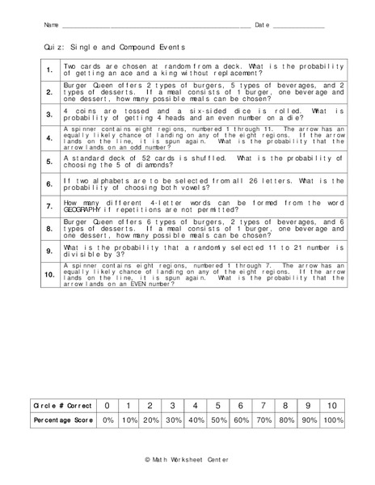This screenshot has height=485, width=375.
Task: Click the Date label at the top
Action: (262, 25)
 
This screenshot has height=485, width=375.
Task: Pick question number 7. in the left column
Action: (49, 206)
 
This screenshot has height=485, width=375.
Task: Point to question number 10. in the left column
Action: (49, 275)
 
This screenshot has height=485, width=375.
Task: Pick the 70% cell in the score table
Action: (263, 421)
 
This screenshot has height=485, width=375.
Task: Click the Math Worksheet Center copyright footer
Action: (187, 460)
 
